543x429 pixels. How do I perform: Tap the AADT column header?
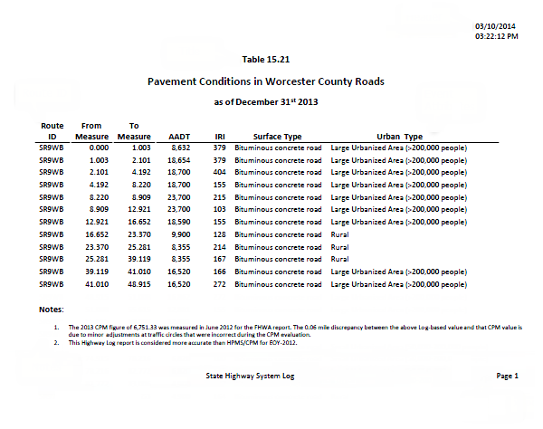179,135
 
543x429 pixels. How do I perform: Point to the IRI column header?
218,135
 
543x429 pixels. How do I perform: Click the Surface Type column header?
278,135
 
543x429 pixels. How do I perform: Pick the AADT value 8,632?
180,147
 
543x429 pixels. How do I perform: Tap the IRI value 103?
218,208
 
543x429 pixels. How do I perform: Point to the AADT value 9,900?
180,234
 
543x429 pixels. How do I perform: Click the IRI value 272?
218,283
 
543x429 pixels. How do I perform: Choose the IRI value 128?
218,234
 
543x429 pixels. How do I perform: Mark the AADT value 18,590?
178,221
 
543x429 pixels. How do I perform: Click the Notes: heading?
52,310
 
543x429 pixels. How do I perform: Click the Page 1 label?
507,376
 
